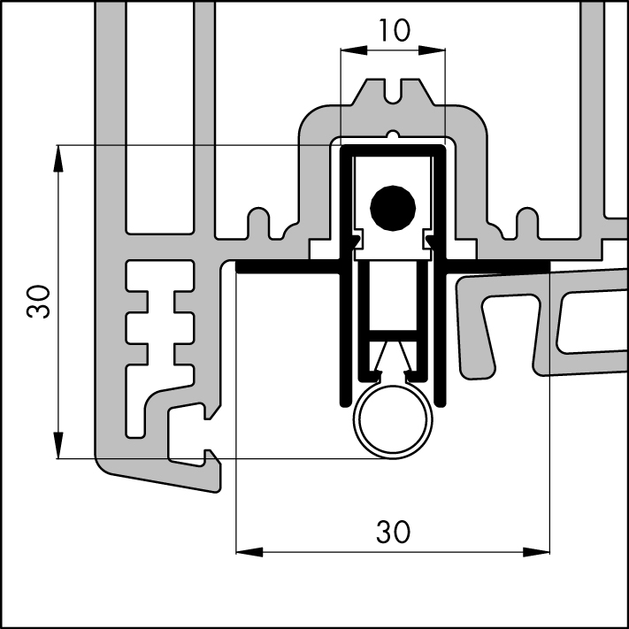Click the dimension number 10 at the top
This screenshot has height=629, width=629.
(392, 30)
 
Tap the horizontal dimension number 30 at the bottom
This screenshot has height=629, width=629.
(393, 531)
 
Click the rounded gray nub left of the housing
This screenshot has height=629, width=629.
(257, 221)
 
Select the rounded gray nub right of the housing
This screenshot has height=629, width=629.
(527, 221)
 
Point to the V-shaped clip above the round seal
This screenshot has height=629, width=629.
(392, 358)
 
